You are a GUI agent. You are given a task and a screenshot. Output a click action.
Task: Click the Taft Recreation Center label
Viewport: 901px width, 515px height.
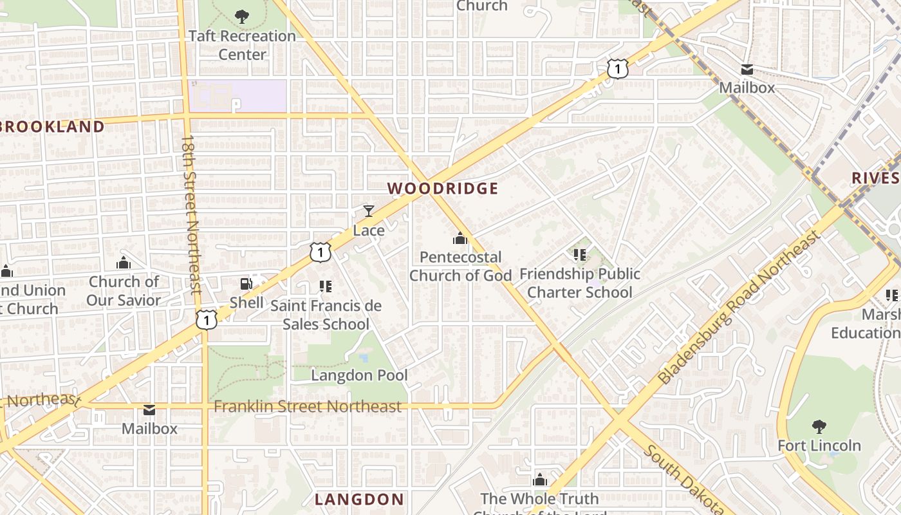[x=242, y=45]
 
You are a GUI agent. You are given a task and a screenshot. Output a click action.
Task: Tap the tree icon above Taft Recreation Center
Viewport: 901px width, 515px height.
[x=242, y=16]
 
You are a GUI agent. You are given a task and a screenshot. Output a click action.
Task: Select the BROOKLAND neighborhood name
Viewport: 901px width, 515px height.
[x=51, y=127]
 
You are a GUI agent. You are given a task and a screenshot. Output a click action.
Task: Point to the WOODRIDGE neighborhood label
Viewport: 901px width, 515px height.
[x=443, y=189]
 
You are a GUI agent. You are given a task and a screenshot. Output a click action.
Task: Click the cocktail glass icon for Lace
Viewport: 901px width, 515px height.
[x=369, y=211]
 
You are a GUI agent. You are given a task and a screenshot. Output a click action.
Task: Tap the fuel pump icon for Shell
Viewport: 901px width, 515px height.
[x=246, y=283]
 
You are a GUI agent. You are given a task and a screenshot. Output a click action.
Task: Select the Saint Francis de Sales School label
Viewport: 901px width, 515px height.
[x=326, y=315]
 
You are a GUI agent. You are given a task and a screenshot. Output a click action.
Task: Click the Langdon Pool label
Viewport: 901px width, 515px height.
[x=359, y=375]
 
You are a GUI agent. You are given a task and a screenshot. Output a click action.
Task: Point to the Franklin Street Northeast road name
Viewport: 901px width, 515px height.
[x=308, y=406]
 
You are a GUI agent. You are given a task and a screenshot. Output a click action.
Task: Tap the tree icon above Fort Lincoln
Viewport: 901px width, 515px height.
[x=819, y=426]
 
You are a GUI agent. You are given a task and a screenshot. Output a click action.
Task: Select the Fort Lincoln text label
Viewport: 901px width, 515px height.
[x=819, y=445]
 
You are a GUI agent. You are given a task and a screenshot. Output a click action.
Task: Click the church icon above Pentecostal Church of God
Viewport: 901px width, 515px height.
[x=460, y=239]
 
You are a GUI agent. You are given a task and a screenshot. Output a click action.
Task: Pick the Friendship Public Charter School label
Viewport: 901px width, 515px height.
[x=580, y=283]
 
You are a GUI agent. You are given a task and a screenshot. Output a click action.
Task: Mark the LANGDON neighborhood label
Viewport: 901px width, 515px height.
[x=359, y=499]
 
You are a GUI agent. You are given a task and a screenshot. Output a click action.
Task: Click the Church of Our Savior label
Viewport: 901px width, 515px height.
[x=124, y=291]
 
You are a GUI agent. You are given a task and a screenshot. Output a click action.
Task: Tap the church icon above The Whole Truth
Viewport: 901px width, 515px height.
[x=540, y=480]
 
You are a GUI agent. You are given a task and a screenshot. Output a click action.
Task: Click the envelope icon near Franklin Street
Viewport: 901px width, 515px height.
[x=149, y=409]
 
